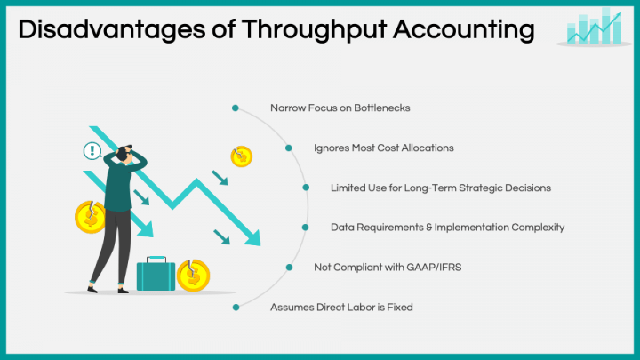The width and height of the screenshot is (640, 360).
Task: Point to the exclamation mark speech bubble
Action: [x=91, y=150]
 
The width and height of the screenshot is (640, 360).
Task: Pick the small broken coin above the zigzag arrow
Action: [x=241, y=156]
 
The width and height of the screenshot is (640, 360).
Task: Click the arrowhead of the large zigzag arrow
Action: [x=252, y=238]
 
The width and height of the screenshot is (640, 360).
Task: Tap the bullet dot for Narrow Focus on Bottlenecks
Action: [x=236, y=108]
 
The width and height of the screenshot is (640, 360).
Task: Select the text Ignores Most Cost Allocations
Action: [x=384, y=148]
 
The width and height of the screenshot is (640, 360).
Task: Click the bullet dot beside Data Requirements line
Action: [x=307, y=227]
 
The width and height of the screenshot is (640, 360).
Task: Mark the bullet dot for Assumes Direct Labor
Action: [x=236, y=307]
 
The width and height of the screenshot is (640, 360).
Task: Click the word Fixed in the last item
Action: [x=400, y=307]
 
